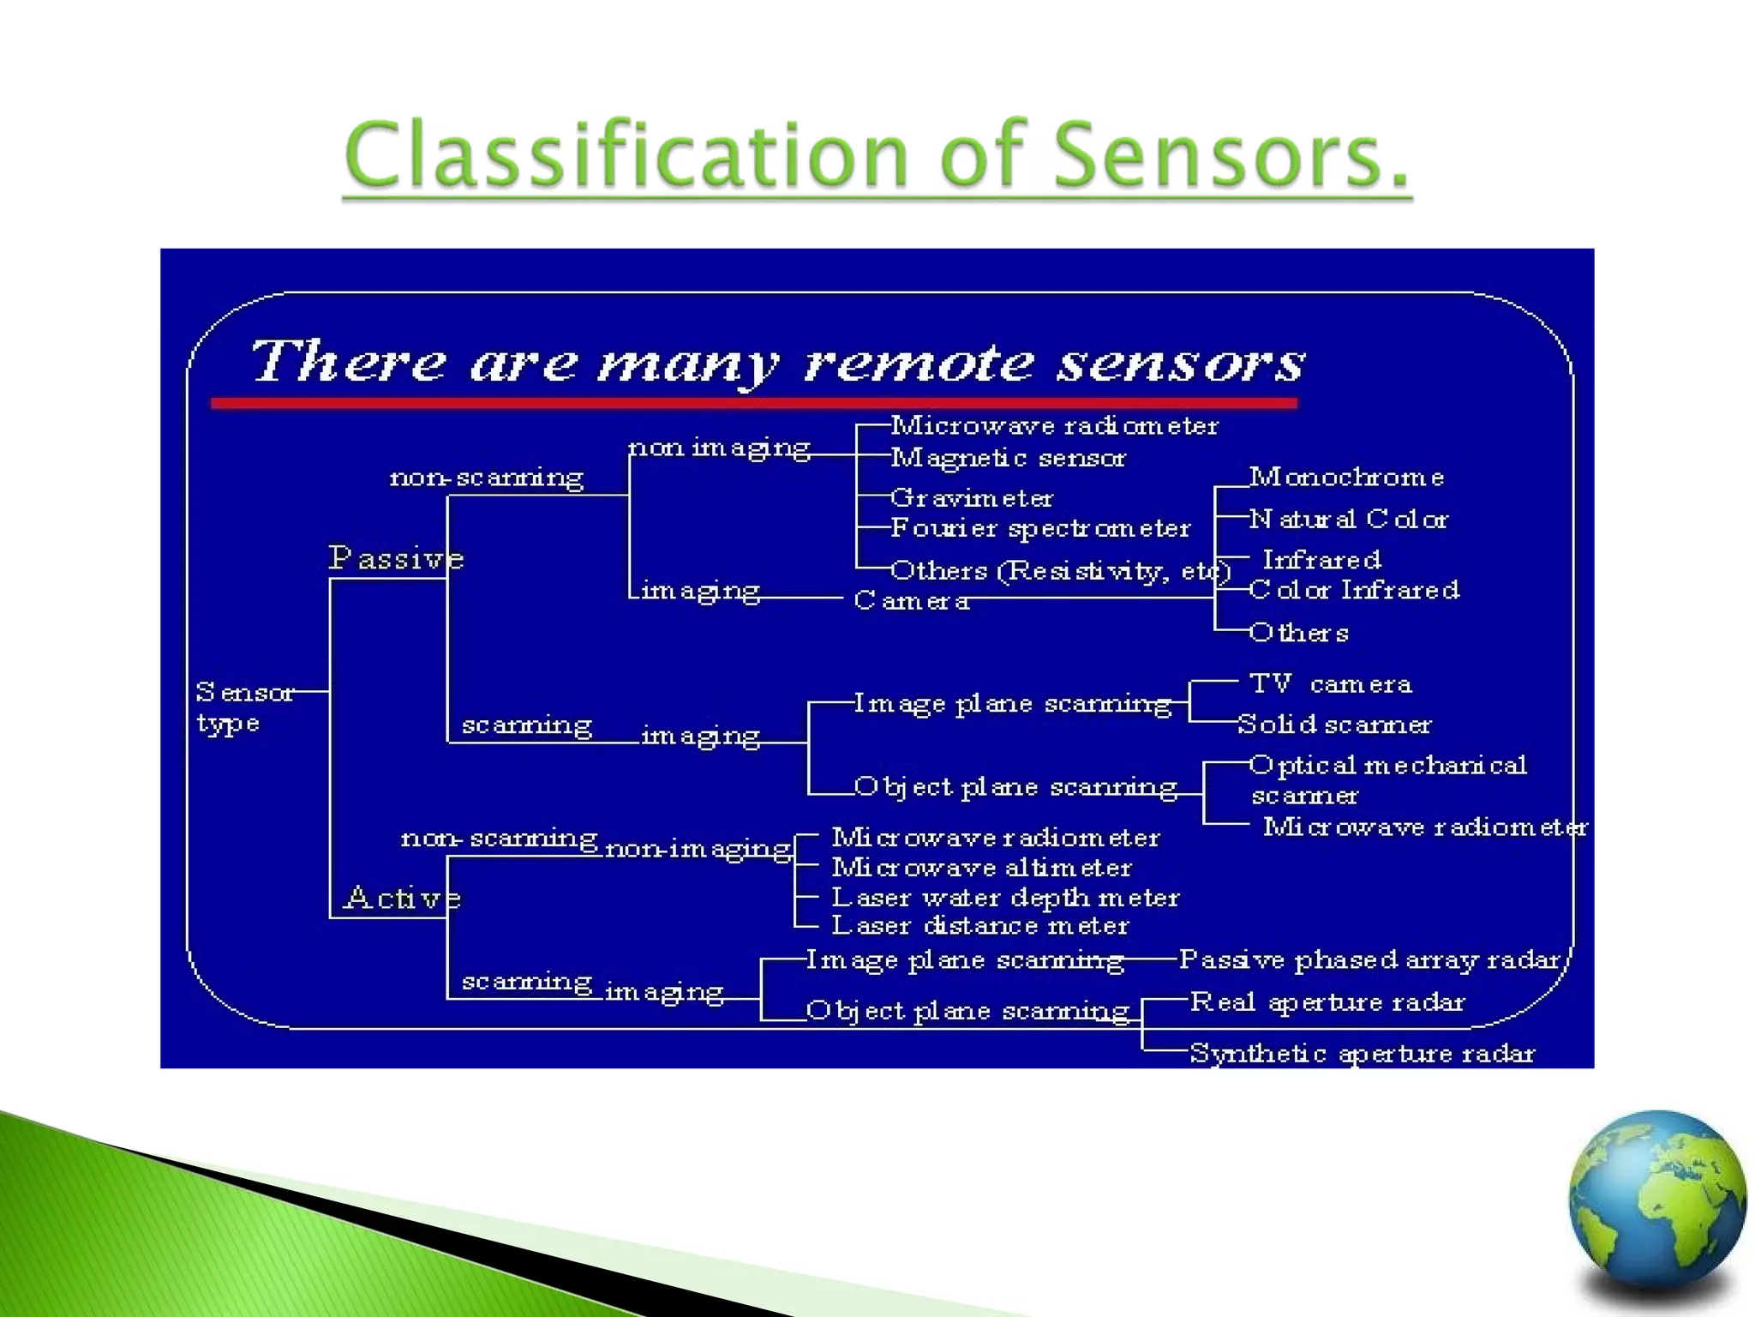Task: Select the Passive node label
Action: [x=396, y=558]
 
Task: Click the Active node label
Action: [x=402, y=898]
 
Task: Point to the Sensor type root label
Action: [x=243, y=707]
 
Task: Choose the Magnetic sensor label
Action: [x=1008, y=458]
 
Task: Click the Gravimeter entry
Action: [x=971, y=497]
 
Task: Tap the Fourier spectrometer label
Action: [x=1040, y=528]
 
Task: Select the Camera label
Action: [x=912, y=600]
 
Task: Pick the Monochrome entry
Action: [x=1346, y=477]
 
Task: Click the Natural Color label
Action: [x=1349, y=519]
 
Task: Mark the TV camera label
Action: [x=1330, y=683]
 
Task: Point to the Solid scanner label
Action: [x=1334, y=725]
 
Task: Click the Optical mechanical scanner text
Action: [x=1387, y=779]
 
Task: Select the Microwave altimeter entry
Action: [x=981, y=868]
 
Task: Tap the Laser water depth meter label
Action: [x=1005, y=898]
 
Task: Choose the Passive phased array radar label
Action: [x=1369, y=959]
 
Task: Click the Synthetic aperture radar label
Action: [x=1362, y=1053]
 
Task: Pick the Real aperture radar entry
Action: [x=1327, y=1002]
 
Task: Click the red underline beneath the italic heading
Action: [x=754, y=403]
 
